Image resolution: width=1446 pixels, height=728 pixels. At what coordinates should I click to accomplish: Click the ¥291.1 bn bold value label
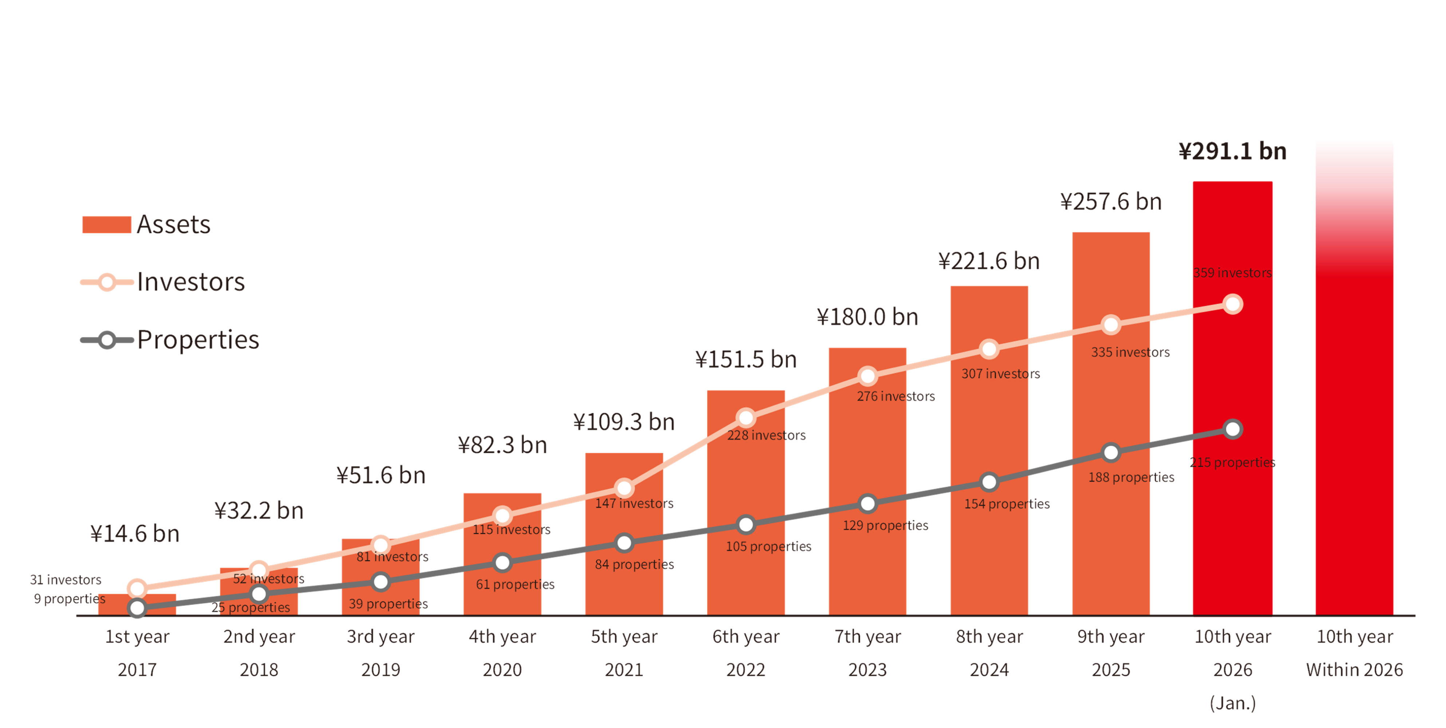[1232, 151]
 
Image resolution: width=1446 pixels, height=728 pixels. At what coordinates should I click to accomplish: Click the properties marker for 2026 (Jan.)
[1233, 430]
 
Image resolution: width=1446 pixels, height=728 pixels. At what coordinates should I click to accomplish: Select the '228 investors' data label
[766, 435]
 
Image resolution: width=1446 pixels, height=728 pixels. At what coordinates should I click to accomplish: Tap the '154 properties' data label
[1007, 504]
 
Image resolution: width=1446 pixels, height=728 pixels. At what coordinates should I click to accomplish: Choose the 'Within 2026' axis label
[1355, 670]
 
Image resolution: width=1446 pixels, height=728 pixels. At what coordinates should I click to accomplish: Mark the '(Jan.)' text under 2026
[1233, 703]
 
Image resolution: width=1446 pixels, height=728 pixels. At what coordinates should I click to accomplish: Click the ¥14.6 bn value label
[135, 534]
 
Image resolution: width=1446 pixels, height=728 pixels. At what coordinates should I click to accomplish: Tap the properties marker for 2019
[380, 582]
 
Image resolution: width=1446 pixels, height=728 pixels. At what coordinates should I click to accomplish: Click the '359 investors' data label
[1232, 273]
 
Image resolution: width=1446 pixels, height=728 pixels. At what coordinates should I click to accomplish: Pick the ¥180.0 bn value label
[867, 317]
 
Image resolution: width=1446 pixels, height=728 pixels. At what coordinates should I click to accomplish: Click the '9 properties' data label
[70, 598]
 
